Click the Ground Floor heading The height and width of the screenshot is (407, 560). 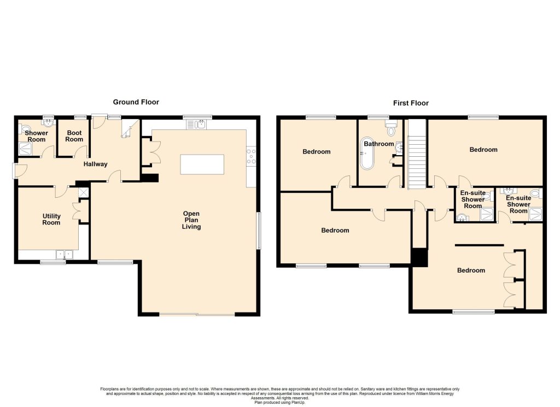tap(136, 102)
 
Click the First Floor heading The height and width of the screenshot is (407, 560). tap(411, 103)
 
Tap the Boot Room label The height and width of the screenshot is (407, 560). tap(74, 136)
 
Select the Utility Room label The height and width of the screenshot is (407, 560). tap(51, 219)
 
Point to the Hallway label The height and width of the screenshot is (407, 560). tap(95, 164)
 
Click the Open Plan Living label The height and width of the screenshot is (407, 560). tap(191, 220)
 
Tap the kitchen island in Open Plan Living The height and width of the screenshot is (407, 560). tap(202, 164)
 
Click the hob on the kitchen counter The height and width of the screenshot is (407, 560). tap(251, 156)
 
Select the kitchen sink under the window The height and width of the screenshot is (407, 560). tap(196, 125)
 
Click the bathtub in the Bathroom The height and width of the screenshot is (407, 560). tap(367, 153)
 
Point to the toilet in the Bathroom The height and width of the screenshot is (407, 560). tap(392, 128)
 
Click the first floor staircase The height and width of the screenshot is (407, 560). tap(417, 154)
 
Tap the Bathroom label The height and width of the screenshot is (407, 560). tap(379, 144)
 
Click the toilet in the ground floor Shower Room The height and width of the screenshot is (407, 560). tap(24, 128)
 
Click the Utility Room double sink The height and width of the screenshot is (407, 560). tap(65, 255)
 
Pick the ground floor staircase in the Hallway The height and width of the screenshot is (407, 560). tap(129, 128)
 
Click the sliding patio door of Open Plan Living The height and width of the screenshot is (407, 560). tap(197, 314)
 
